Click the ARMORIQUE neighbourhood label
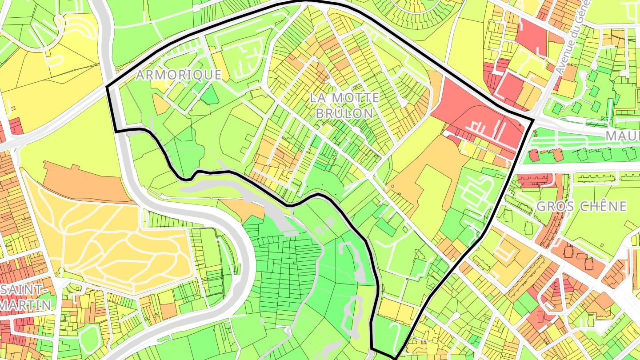coord(178,75)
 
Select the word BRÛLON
coord(344,113)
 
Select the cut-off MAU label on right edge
coord(622,136)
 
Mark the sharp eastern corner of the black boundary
coord(533,120)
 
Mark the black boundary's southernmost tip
coord(394,357)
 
